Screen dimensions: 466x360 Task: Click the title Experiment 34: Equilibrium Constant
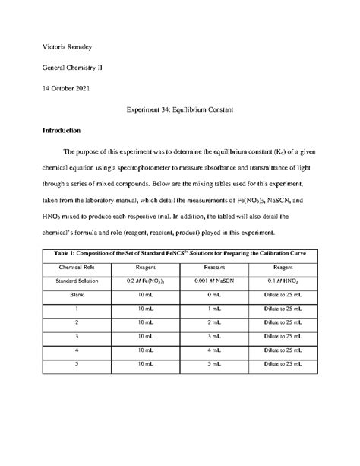pyautogui.click(x=179, y=109)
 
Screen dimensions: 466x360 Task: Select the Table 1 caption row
pyautogui.click(x=179, y=253)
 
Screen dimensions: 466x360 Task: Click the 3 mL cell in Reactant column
pyautogui.click(x=216, y=336)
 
